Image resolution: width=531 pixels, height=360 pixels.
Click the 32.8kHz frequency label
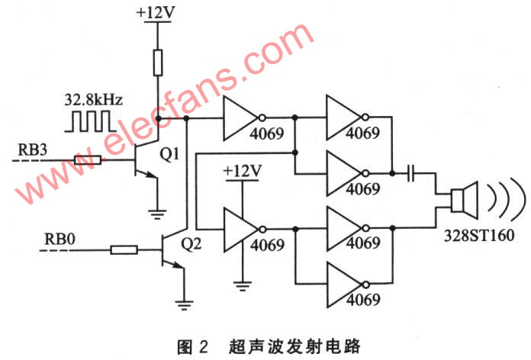click(x=94, y=101)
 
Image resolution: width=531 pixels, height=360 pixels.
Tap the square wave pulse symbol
click(x=91, y=121)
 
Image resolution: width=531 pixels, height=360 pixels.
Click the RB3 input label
click(x=32, y=149)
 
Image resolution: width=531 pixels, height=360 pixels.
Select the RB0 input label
click(x=60, y=239)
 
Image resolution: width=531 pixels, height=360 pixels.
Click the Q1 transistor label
click(x=169, y=154)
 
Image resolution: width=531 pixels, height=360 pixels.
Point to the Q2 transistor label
click(x=191, y=243)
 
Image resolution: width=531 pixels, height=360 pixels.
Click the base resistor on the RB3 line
click(x=88, y=160)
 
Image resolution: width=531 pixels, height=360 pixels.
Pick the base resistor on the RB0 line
click(x=124, y=250)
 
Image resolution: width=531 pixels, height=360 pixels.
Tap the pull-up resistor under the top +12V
click(x=158, y=63)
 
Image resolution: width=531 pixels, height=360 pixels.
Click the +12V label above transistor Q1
click(x=156, y=13)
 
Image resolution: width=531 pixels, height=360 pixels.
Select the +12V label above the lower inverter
click(x=243, y=171)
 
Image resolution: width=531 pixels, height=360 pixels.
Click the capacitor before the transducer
click(x=410, y=173)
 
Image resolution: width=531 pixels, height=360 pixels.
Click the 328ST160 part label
click(x=479, y=235)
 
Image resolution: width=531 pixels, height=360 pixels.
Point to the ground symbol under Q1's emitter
click(x=157, y=215)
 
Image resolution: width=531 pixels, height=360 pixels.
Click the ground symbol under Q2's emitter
click(x=184, y=306)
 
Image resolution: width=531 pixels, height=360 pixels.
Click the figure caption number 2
click(x=203, y=348)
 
